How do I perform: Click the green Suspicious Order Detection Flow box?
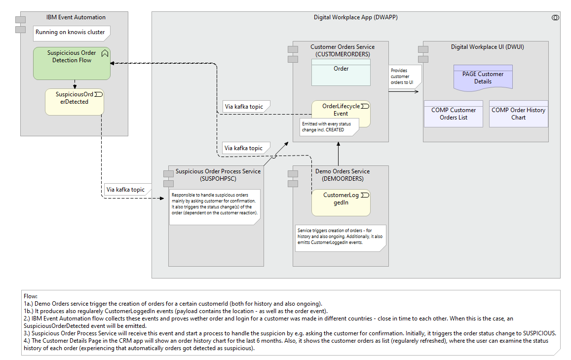(x=72, y=64)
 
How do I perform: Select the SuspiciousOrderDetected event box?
(x=74, y=102)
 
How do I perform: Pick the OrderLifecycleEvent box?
(x=341, y=110)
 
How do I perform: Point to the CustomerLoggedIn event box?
(x=341, y=202)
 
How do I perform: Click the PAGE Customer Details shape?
(x=483, y=78)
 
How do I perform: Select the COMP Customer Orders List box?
(x=453, y=114)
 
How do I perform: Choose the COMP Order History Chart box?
(x=518, y=114)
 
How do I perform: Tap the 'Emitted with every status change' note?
(x=326, y=127)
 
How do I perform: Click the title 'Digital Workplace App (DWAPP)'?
(x=355, y=17)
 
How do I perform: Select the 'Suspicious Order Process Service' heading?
(x=218, y=175)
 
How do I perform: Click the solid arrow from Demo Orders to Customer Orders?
(x=338, y=154)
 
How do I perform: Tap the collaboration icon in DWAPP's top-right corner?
(x=555, y=18)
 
